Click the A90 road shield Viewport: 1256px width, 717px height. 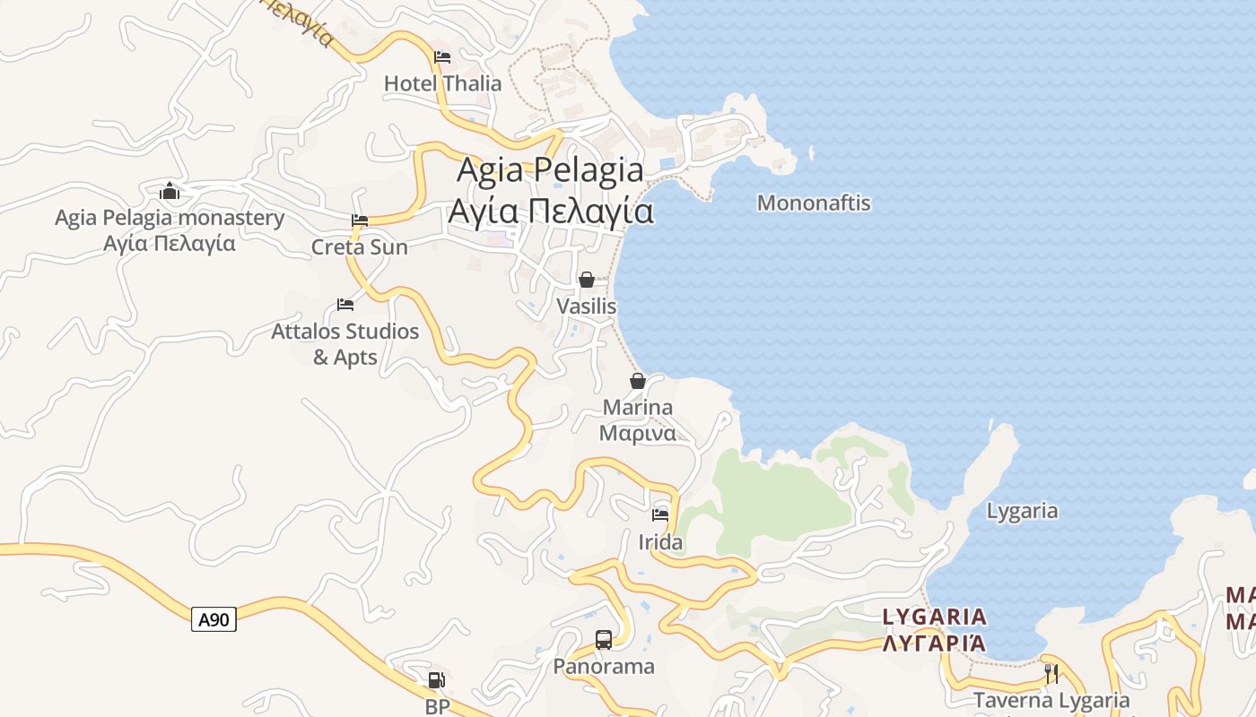pyautogui.click(x=214, y=619)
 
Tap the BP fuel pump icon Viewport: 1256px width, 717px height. pyautogui.click(x=436, y=681)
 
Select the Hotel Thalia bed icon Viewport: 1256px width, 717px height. pyautogui.click(x=442, y=57)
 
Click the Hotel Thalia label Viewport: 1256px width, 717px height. pyautogui.click(x=443, y=83)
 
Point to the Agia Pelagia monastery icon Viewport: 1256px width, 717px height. pyautogui.click(x=170, y=191)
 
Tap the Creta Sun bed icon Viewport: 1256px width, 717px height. pyautogui.click(x=360, y=220)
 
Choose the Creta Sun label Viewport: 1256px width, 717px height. pyautogui.click(x=360, y=247)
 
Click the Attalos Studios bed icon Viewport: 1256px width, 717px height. pyautogui.click(x=345, y=305)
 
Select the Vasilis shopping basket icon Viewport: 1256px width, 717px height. pyautogui.click(x=587, y=280)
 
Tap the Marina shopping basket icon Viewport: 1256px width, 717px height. pyautogui.click(x=638, y=381)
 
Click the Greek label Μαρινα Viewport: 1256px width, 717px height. pyautogui.click(x=637, y=434)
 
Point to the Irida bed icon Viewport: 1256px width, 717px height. pyautogui.click(x=660, y=515)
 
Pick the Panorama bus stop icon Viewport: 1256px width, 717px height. pyautogui.click(x=604, y=640)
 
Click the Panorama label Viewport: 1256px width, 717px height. pyautogui.click(x=604, y=667)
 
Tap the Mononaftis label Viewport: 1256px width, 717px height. pyautogui.click(x=814, y=203)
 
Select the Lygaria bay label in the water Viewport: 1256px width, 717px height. pyautogui.click(x=1022, y=511)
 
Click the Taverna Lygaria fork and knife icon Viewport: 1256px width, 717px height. pyautogui.click(x=1051, y=673)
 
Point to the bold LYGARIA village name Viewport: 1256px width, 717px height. pyautogui.click(x=935, y=617)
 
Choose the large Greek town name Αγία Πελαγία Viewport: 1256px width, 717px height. pyautogui.click(x=551, y=212)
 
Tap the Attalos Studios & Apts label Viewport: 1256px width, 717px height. pyautogui.click(x=345, y=344)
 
